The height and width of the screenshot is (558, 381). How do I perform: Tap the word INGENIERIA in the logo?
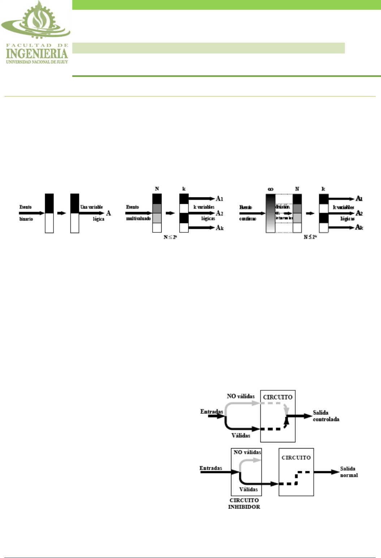[x=37, y=54]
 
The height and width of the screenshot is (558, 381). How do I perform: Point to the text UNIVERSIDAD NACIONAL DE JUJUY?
[x=37, y=62]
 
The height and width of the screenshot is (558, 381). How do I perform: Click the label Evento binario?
[x=26, y=213]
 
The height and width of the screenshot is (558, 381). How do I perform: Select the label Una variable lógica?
[x=92, y=213]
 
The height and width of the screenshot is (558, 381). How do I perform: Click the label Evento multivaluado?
[x=138, y=213]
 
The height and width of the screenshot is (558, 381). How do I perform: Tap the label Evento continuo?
[x=248, y=213]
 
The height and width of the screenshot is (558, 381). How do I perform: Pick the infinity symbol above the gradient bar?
[x=270, y=189]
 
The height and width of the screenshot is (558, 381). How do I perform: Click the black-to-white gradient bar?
[x=270, y=213]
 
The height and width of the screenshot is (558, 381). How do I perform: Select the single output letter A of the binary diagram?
[x=108, y=213]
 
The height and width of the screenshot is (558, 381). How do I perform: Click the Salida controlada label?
[x=326, y=416]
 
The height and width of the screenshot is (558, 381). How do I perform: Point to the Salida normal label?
[x=349, y=472]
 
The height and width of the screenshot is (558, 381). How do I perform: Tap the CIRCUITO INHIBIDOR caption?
[x=244, y=503]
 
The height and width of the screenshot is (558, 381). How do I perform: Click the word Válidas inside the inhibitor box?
[x=248, y=489]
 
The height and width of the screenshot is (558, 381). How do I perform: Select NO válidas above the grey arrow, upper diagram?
[x=240, y=396]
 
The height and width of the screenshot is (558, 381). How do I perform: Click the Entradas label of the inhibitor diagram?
[x=211, y=468]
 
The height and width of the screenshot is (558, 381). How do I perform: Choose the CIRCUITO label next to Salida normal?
[x=296, y=458]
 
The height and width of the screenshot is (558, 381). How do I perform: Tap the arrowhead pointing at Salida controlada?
[x=308, y=416]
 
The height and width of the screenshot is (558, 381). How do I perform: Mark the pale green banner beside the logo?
[x=208, y=48]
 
